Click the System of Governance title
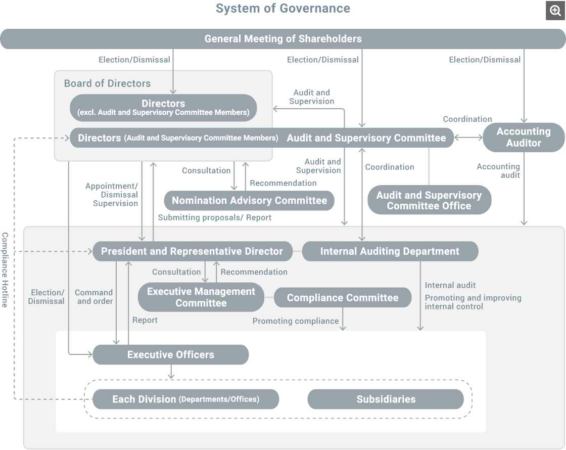(x=282, y=9)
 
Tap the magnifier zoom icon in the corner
(x=554, y=11)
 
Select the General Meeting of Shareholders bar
(x=282, y=39)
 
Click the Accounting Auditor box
(x=524, y=137)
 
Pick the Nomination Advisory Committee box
(x=249, y=201)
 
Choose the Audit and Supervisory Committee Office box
(x=429, y=200)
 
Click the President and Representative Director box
(x=192, y=251)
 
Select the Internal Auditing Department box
(x=390, y=251)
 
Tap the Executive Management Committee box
(x=201, y=297)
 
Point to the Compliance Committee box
(x=343, y=298)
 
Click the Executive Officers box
(x=170, y=355)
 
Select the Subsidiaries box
(x=386, y=399)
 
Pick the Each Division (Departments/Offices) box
(x=185, y=399)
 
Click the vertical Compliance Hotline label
(x=5, y=270)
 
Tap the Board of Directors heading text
(x=107, y=83)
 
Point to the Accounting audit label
(x=498, y=170)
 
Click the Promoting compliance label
(x=296, y=321)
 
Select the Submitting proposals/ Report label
(x=215, y=217)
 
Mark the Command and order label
(x=93, y=297)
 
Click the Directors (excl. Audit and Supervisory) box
(x=163, y=108)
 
